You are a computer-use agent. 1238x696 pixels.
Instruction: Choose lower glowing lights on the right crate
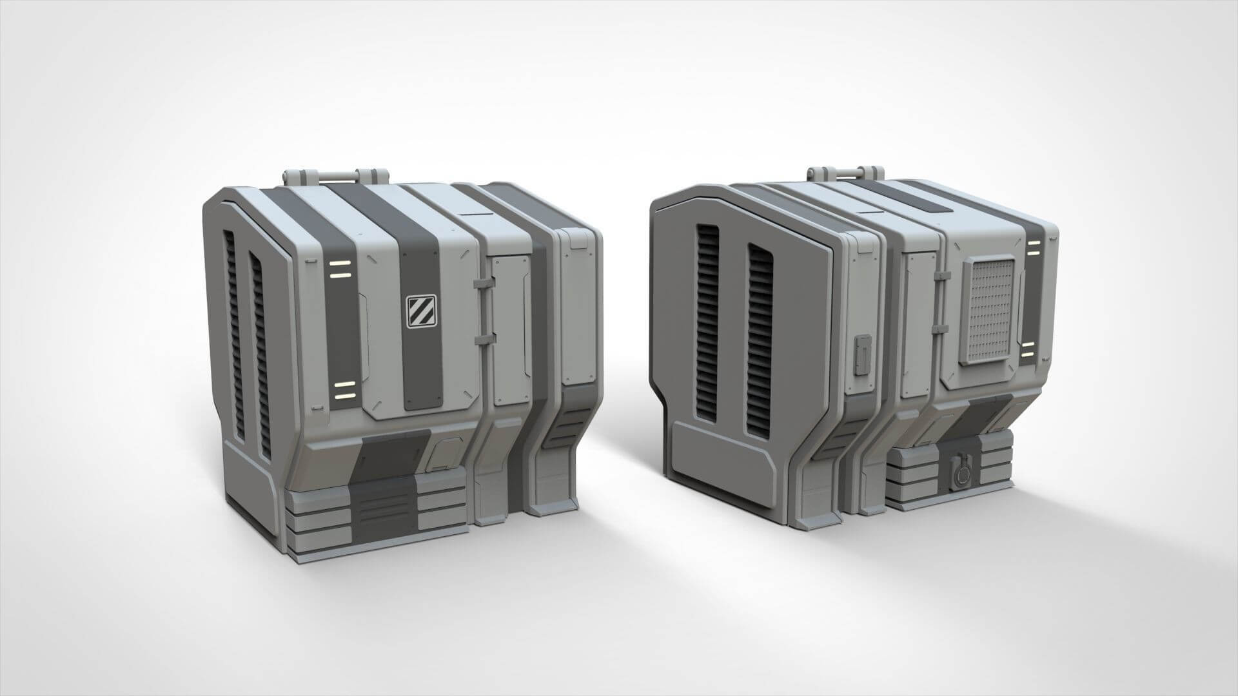pos(1027,352)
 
